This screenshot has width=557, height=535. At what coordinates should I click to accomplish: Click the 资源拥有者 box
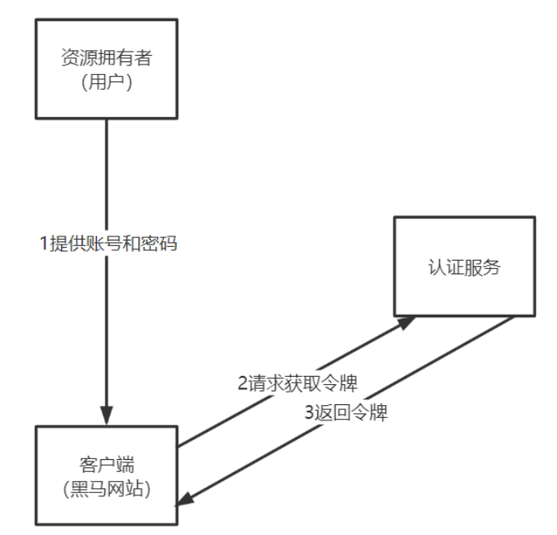[x=106, y=70]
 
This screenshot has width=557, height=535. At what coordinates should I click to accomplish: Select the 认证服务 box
[x=463, y=265]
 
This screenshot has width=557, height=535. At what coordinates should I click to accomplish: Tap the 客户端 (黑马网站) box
[x=106, y=476]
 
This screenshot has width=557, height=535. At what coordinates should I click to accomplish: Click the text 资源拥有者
[x=106, y=58]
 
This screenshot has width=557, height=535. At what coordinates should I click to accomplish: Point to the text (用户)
[x=106, y=82]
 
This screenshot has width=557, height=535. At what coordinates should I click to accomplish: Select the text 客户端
[x=106, y=466]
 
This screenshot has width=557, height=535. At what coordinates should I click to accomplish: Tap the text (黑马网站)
[x=106, y=488]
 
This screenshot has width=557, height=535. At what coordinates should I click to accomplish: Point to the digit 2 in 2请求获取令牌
[x=243, y=383]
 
